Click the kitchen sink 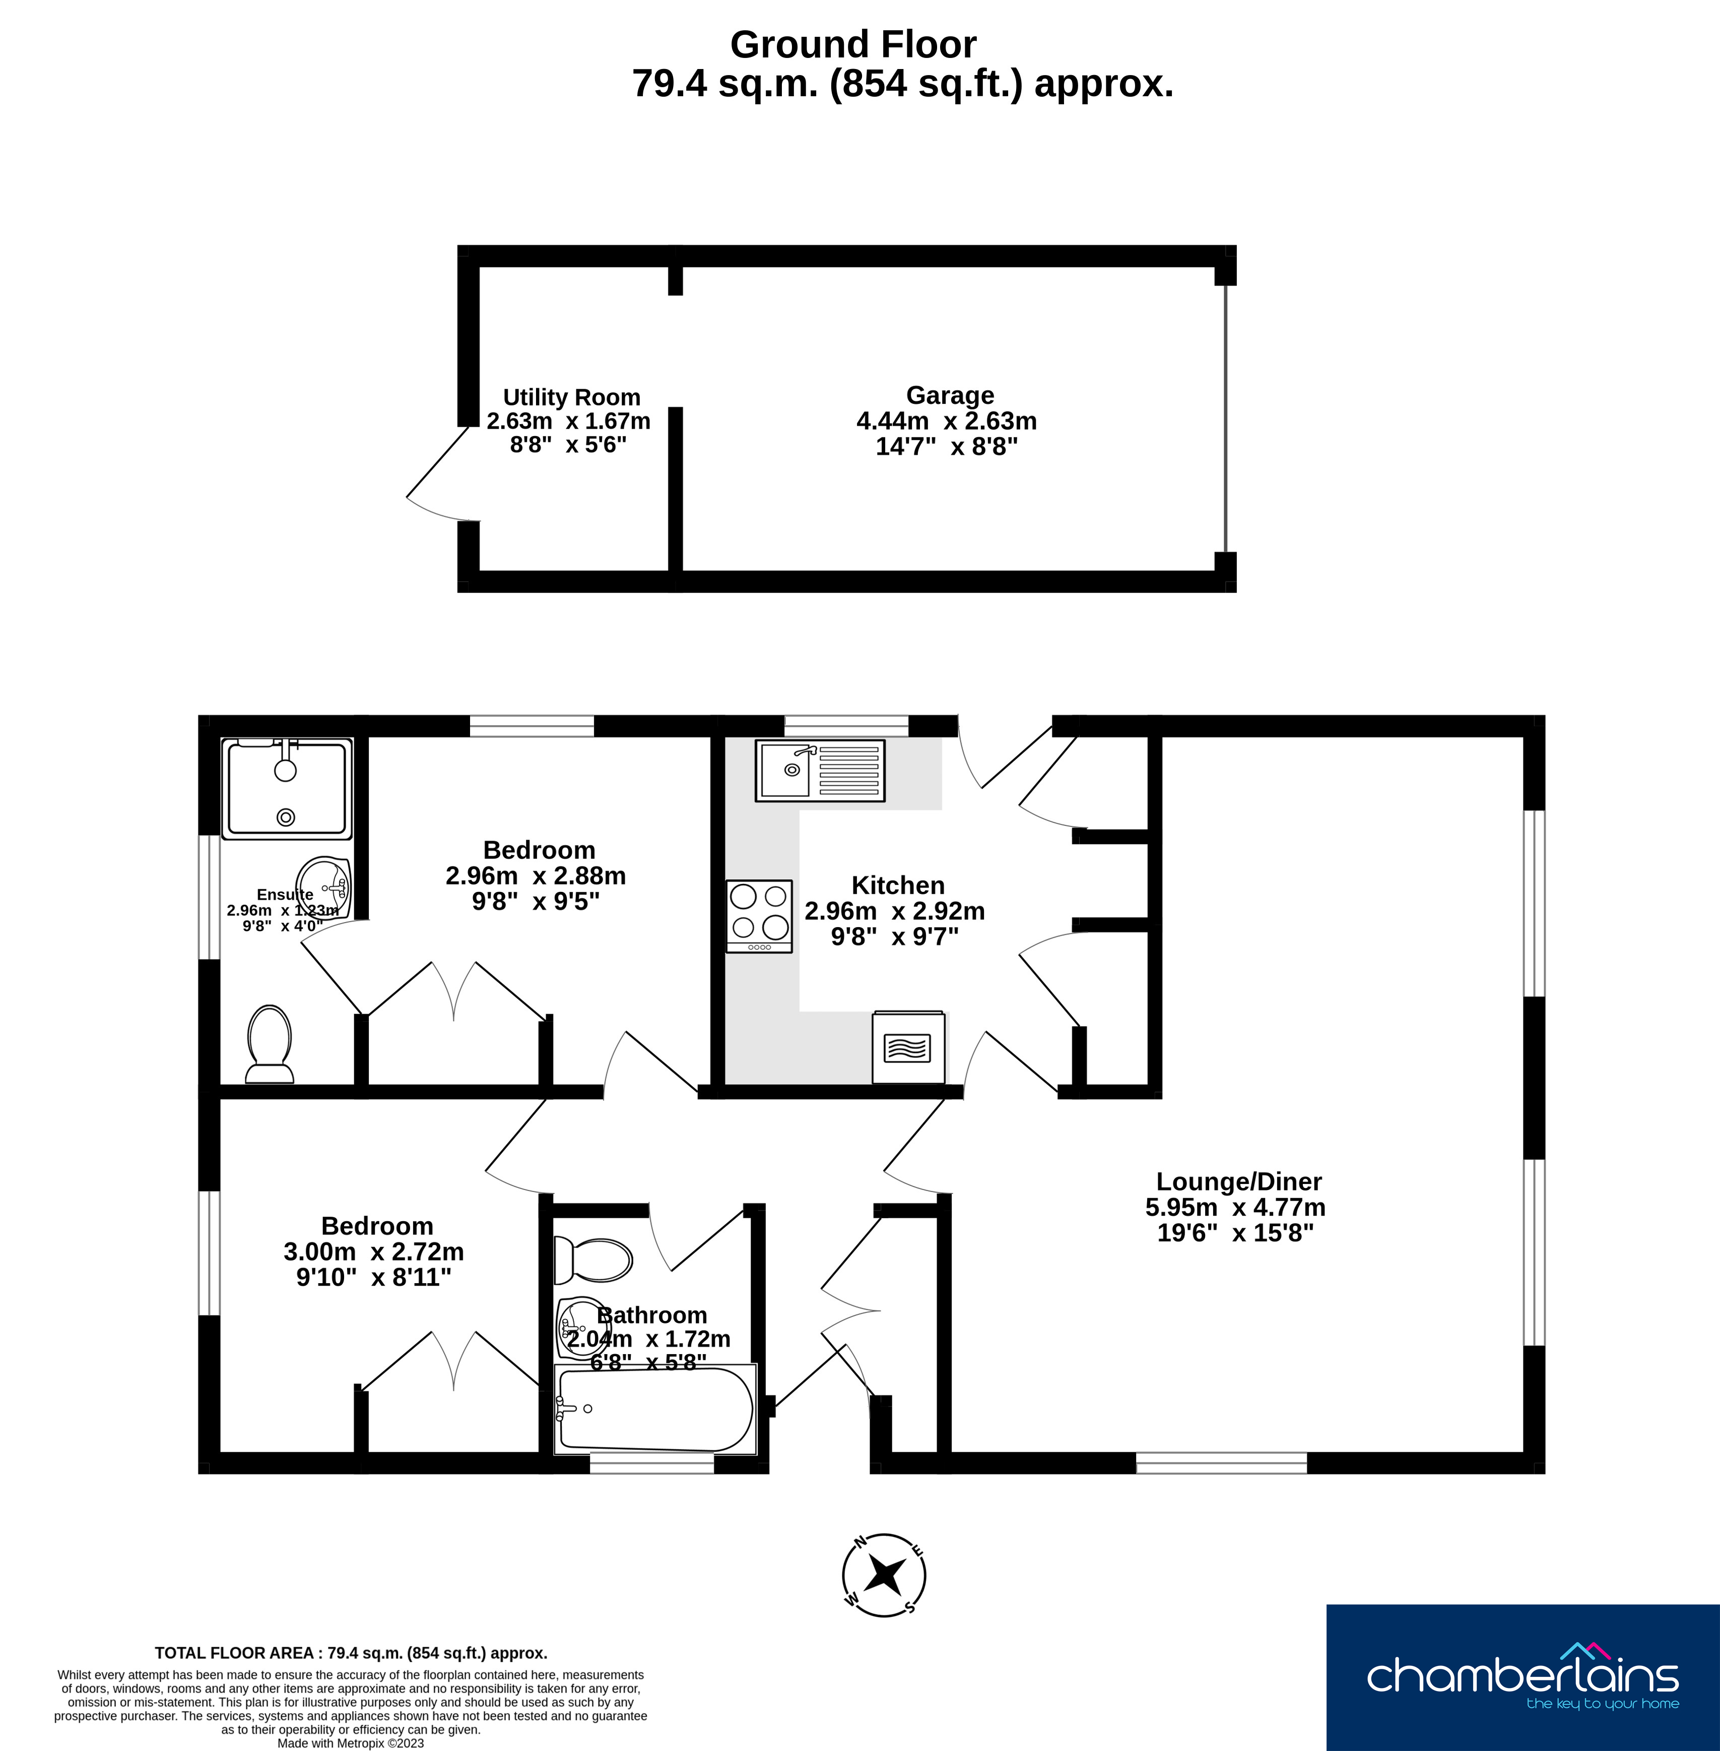click(819, 771)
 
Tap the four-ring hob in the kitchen click(759, 916)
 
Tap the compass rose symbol click(884, 1576)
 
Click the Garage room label click(950, 395)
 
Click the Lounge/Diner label click(1238, 1181)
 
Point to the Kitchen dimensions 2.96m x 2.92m click(894, 911)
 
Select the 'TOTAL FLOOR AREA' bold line click(351, 1653)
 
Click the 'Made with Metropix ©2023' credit click(351, 1743)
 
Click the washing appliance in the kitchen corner click(908, 1047)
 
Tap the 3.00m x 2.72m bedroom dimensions click(373, 1251)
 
